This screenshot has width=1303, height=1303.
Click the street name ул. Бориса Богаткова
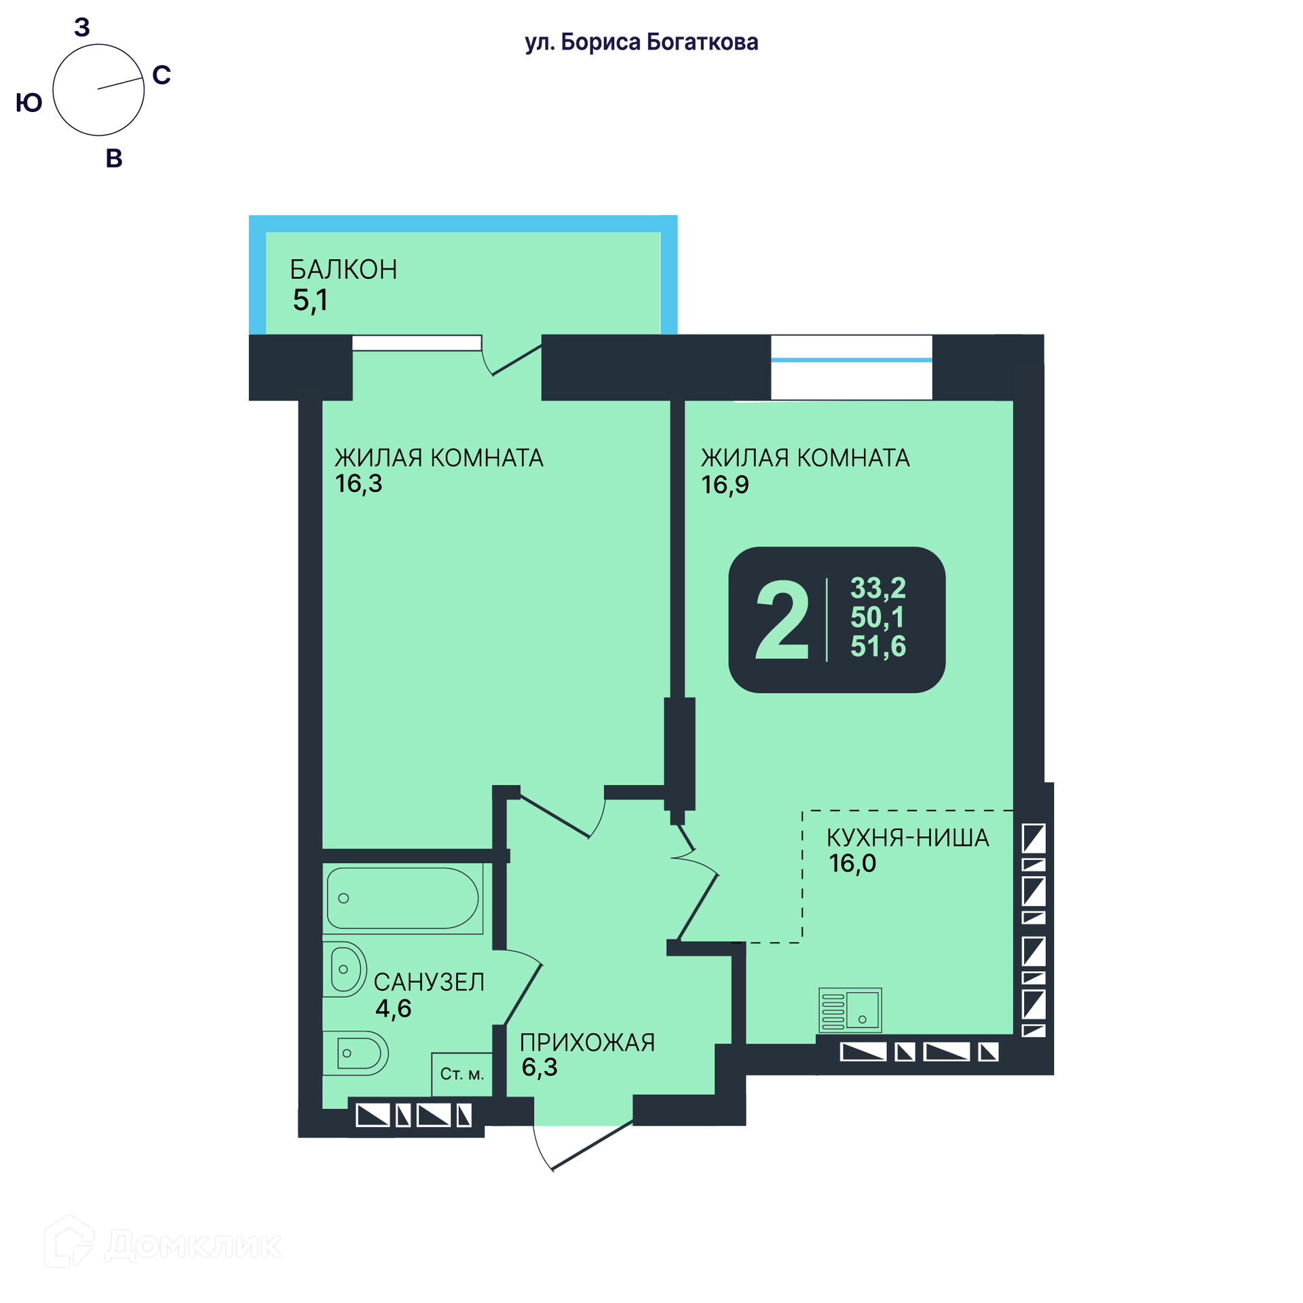tap(641, 42)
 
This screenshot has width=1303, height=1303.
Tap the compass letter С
tap(162, 75)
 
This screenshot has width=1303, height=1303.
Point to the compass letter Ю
tap(29, 103)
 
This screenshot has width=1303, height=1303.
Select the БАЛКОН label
tap(343, 269)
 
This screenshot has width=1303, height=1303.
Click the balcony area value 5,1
tap(310, 300)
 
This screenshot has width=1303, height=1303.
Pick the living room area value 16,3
tap(358, 484)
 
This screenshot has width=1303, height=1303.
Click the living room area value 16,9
tap(725, 485)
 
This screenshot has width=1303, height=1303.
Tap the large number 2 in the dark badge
tap(782, 620)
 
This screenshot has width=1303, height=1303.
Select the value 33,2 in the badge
tap(878, 588)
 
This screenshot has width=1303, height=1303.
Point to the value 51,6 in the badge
tap(878, 646)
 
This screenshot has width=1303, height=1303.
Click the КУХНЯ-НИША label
tap(908, 838)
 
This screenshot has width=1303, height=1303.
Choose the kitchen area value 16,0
tap(852, 863)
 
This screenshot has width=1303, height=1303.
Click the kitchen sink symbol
tap(850, 1010)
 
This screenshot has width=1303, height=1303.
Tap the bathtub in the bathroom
tap(402, 899)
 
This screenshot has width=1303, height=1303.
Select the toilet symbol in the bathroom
tap(355, 1054)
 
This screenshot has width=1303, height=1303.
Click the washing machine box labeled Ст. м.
tap(462, 1074)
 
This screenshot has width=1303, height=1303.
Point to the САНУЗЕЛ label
tap(429, 982)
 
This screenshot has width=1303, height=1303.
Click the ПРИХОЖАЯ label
tap(588, 1042)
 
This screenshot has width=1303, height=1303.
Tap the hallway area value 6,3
tap(540, 1068)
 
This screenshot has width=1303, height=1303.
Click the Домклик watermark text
tap(193, 1245)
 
